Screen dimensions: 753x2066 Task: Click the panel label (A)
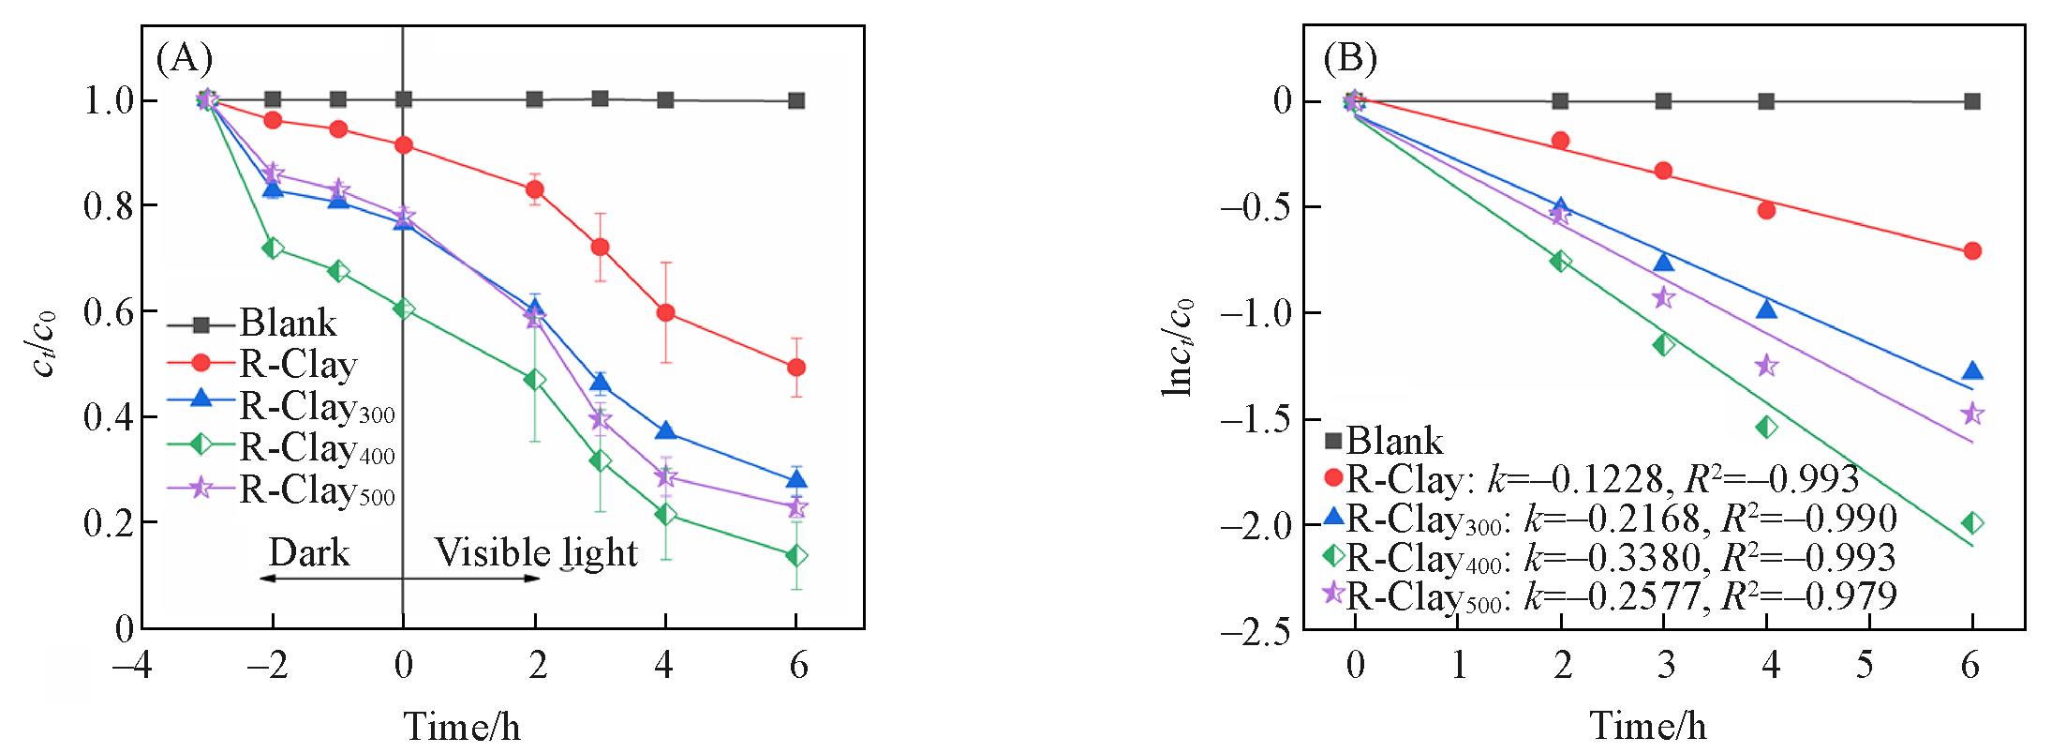point(185,59)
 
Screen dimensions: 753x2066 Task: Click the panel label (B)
point(1349,59)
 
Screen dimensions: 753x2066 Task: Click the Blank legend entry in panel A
point(288,324)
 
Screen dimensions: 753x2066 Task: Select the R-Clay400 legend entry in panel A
point(317,448)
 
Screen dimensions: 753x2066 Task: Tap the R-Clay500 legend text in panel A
point(317,490)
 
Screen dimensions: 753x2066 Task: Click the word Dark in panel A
point(309,552)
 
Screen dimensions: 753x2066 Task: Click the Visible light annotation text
point(536,553)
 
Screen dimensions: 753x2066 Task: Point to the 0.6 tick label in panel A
point(109,311)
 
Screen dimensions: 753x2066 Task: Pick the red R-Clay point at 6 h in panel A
point(796,367)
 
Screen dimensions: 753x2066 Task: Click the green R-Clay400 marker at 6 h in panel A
point(796,556)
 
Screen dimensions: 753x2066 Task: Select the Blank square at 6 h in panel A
point(796,100)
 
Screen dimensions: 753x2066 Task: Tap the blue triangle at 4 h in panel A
point(665,431)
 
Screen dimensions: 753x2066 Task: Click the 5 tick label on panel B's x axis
point(1865,666)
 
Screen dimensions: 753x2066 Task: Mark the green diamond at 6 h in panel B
point(1972,523)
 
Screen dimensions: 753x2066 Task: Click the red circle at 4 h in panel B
point(1766,210)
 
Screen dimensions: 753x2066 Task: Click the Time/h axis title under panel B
point(1647,726)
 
